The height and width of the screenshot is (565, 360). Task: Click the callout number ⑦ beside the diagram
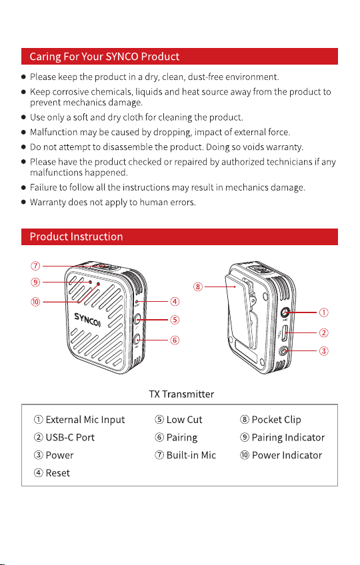(x=35, y=266)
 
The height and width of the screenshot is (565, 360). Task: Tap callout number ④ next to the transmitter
(x=175, y=301)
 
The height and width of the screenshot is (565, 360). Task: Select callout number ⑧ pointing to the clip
(x=198, y=286)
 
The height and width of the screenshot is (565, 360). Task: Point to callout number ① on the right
(x=324, y=312)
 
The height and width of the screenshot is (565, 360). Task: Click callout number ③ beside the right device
(x=324, y=350)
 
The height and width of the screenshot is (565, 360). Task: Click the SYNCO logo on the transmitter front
(x=87, y=319)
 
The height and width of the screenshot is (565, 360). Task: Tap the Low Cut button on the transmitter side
(x=137, y=319)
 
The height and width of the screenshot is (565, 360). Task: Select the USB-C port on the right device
(x=285, y=332)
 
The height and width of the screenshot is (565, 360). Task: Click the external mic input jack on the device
(x=285, y=312)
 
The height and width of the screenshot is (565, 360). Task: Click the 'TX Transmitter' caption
(x=181, y=394)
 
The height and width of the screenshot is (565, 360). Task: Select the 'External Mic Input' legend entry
(x=79, y=420)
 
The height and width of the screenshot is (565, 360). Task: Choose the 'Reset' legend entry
(x=52, y=473)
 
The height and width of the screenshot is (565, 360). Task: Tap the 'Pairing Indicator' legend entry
(x=283, y=438)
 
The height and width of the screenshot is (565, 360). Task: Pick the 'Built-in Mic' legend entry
(x=185, y=455)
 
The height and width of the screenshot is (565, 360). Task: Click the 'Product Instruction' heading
(x=76, y=237)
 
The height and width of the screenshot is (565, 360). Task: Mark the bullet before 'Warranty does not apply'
(x=24, y=202)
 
